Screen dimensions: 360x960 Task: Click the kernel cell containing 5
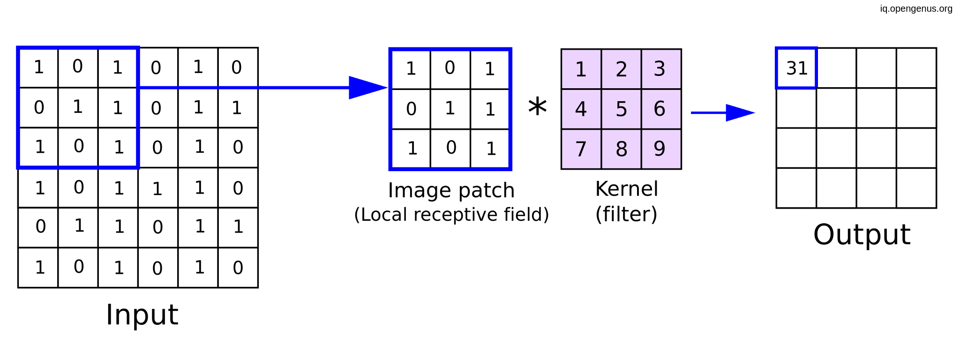pos(621,109)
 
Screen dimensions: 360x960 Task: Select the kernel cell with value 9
pos(660,149)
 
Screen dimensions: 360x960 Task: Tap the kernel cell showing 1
pos(581,69)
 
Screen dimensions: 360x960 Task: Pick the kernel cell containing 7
pos(581,149)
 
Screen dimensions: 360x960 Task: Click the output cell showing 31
pos(796,68)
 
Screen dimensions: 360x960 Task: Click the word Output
pos(862,234)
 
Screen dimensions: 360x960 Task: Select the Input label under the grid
pos(142,315)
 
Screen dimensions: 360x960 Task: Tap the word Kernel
pos(626,189)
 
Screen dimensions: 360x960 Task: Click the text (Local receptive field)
pos(451,215)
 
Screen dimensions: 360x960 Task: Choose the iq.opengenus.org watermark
pos(916,8)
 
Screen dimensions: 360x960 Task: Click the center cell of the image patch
pos(450,109)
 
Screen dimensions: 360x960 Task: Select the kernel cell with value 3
pos(660,69)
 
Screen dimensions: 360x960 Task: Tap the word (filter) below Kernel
pos(626,214)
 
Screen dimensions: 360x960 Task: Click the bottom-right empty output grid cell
pos(916,188)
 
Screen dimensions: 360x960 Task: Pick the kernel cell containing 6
pos(660,109)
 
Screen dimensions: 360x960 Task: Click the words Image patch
pos(451,190)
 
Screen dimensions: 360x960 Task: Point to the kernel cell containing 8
pos(621,149)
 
